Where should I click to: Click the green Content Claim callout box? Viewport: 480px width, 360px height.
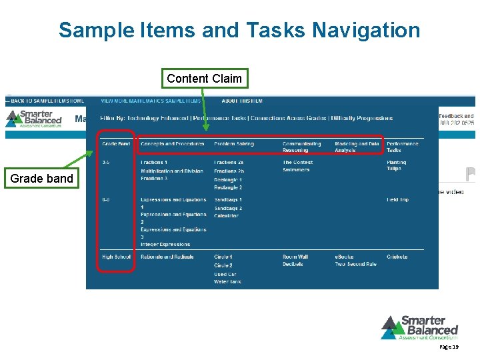pos(205,79)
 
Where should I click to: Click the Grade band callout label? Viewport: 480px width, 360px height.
pos(42,179)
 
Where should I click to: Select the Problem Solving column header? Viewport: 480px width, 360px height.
pos(233,144)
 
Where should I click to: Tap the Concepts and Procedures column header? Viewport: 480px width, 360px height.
pos(172,144)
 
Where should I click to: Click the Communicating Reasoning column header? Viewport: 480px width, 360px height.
pos(301,147)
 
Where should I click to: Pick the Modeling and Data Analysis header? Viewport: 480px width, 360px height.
pos(357,147)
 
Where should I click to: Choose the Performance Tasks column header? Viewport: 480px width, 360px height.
pos(403,147)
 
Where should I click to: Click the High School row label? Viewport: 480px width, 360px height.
pos(116,257)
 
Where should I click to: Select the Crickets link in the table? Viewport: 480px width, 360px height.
pos(397,257)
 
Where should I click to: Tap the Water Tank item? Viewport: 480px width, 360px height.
pos(227,282)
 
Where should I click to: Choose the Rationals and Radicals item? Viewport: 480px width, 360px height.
pos(167,257)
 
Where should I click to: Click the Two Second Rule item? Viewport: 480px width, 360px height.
pos(355,265)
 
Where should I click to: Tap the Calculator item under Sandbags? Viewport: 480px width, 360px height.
pos(226,216)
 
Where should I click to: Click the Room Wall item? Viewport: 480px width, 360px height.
pos(295,257)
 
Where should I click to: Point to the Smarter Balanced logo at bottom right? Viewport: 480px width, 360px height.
pos(420,327)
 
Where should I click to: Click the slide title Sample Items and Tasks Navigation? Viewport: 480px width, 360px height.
pos(239,30)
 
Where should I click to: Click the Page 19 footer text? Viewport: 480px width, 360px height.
pos(449,347)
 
